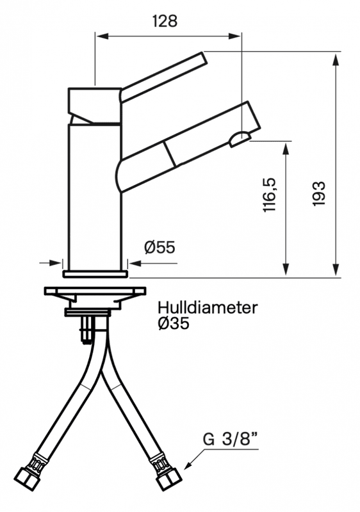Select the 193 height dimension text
[x=319, y=193]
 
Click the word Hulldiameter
[x=207, y=308]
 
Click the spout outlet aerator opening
[x=241, y=138]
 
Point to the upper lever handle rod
[x=163, y=77]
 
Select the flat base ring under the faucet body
[x=95, y=274]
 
